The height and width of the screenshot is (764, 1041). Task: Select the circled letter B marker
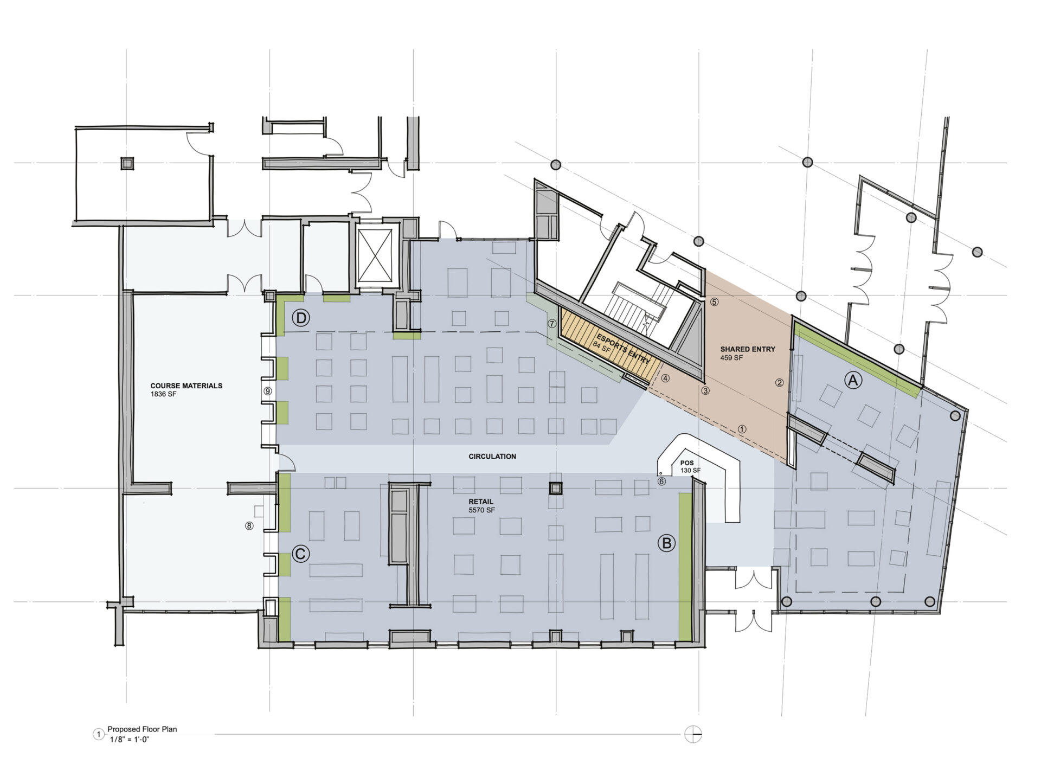[x=667, y=543]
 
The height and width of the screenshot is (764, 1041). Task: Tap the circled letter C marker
[x=301, y=554]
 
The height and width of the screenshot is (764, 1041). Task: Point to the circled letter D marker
[x=301, y=319]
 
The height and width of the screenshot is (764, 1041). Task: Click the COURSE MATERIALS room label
[x=187, y=386]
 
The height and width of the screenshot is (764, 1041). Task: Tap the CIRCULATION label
[x=492, y=457]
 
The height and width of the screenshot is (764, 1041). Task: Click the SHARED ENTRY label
[x=748, y=350]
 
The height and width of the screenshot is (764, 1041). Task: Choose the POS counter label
[x=686, y=463]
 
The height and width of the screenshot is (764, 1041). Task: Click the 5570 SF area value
[x=482, y=511]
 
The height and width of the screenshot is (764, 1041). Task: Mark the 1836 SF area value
[x=164, y=395]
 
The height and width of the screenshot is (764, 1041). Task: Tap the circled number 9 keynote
[x=267, y=390]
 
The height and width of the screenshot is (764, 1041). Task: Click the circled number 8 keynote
[x=249, y=525]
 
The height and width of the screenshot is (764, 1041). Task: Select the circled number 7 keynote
[x=552, y=324]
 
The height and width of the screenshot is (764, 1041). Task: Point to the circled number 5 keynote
[x=714, y=302]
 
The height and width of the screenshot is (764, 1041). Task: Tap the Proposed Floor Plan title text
[x=142, y=729]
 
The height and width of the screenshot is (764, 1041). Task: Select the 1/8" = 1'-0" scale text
[x=128, y=739]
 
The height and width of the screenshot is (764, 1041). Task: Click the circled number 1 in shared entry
[x=742, y=429]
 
